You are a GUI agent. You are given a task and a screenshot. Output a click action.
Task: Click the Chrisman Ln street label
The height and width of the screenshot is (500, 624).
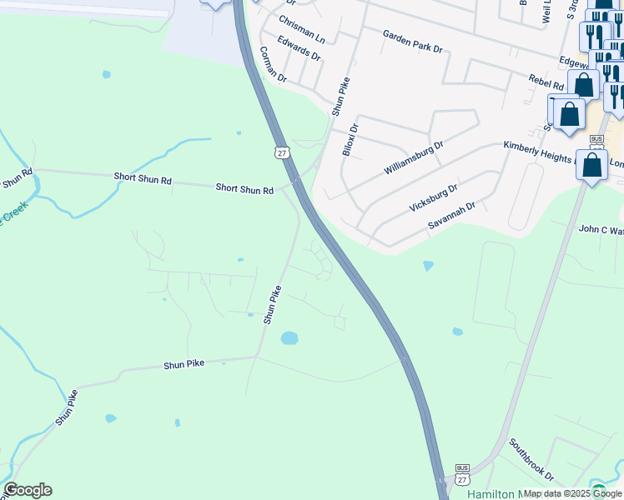point(302,29)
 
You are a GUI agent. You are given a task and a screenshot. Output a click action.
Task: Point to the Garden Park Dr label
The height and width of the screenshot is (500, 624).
point(412,41)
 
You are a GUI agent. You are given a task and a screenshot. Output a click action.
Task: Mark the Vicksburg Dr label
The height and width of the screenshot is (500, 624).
point(434,198)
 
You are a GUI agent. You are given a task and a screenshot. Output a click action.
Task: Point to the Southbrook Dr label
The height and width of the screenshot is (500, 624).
point(531,460)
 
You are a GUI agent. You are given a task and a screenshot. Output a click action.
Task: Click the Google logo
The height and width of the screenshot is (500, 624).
point(28,490)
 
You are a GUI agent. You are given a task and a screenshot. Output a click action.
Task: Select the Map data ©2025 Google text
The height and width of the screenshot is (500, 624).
point(571,493)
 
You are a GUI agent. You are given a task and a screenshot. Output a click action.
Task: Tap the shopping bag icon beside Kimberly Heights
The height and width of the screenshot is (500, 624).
point(592,165)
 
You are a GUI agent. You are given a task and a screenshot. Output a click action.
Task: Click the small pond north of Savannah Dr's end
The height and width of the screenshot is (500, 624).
point(428,266)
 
